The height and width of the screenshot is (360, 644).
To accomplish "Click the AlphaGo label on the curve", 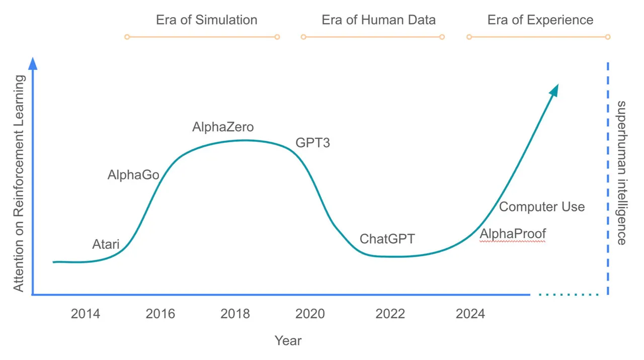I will [133, 175].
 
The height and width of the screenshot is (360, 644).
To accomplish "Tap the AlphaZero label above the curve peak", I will [223, 127].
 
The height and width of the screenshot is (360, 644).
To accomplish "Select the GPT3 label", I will [312, 143].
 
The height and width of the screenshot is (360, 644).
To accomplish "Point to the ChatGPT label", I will [387, 239].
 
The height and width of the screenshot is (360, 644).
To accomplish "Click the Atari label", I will [106, 244].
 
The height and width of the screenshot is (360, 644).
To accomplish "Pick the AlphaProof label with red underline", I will [513, 234].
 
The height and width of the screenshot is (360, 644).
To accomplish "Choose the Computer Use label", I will [542, 207].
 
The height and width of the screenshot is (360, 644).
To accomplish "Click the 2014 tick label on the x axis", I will [85, 314].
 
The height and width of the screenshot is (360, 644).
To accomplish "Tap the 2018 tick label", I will [235, 314].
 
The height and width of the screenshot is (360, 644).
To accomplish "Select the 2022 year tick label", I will [390, 314].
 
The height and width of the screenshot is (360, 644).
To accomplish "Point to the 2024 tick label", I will [470, 314].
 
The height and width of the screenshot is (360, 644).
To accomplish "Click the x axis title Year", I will [288, 340].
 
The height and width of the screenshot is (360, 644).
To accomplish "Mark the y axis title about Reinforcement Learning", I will [19, 184].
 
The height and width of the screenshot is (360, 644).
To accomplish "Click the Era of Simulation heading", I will [206, 20].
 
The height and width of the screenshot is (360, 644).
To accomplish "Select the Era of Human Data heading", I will [378, 20].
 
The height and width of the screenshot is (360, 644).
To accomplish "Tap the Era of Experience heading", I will [540, 20].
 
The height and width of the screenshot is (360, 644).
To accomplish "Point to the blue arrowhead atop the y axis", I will [33, 63].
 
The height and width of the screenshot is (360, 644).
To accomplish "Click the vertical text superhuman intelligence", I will [622, 172].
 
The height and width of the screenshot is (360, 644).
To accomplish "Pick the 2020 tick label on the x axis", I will [310, 314].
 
